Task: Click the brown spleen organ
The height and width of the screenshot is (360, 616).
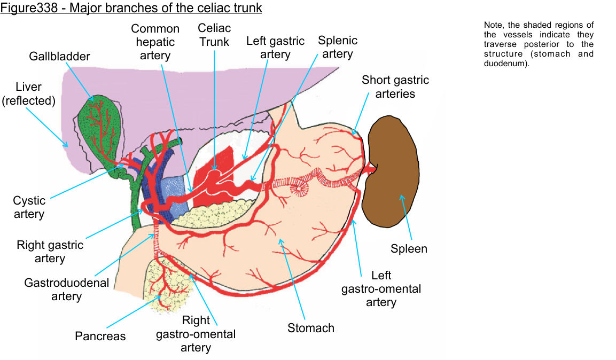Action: [392, 171]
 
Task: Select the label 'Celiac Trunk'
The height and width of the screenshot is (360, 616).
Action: [214, 35]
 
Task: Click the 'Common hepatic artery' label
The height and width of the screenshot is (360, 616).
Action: [155, 42]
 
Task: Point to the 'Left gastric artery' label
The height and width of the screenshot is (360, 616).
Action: [275, 48]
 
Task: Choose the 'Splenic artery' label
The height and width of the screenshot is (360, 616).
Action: [338, 47]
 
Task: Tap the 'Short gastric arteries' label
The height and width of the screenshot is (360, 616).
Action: [395, 87]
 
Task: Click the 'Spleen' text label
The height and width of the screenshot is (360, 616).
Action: [409, 248]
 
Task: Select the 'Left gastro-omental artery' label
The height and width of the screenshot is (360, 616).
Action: [381, 288]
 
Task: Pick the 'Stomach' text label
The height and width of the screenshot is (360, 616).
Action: [311, 328]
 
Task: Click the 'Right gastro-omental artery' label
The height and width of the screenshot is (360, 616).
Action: [196, 334]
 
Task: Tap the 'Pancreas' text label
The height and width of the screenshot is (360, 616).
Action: [100, 336]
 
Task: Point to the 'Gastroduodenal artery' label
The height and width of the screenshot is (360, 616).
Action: [66, 289]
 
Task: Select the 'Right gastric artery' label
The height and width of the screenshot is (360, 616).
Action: [50, 252]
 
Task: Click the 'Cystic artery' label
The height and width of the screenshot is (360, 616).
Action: [29, 207]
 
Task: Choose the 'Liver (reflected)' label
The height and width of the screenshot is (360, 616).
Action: [29, 93]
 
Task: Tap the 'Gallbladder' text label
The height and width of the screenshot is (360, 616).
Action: [60, 57]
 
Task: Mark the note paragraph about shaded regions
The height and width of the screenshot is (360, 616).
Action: [538, 44]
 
